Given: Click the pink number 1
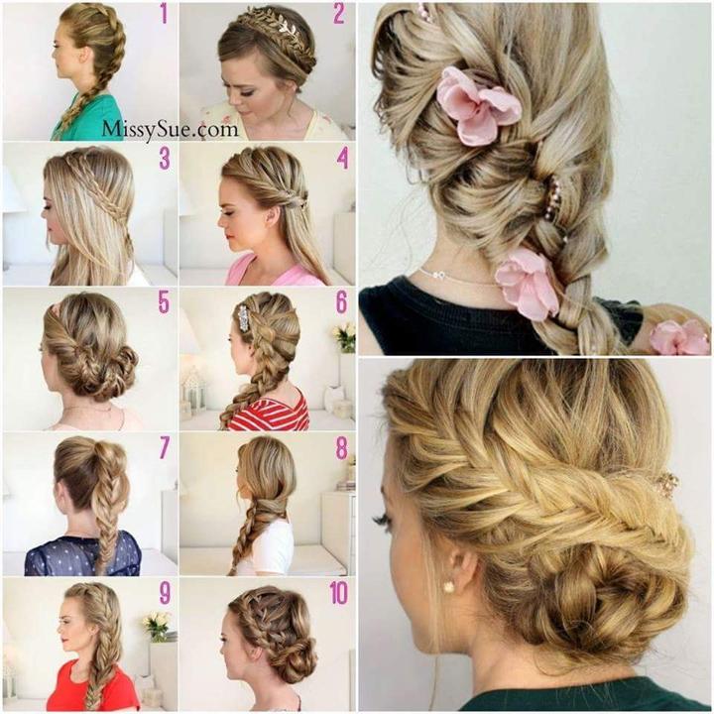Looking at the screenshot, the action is point(164,14).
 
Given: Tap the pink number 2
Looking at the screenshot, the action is point(339,14).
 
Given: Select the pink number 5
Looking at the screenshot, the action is point(164,302).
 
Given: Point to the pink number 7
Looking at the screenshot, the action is point(165,448).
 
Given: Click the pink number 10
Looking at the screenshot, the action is point(339,593).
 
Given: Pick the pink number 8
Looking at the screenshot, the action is point(341,448).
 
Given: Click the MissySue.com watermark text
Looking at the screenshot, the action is point(170,130).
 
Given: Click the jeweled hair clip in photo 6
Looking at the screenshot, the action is point(243,318).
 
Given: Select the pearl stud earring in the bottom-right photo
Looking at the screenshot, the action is point(449,587).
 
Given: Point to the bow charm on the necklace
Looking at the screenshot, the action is point(438,275).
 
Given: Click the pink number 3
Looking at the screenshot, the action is point(165,158).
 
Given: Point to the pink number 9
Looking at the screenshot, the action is point(165,593).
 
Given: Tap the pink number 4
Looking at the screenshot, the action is point(342,158).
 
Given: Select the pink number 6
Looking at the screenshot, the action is point(341,302).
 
